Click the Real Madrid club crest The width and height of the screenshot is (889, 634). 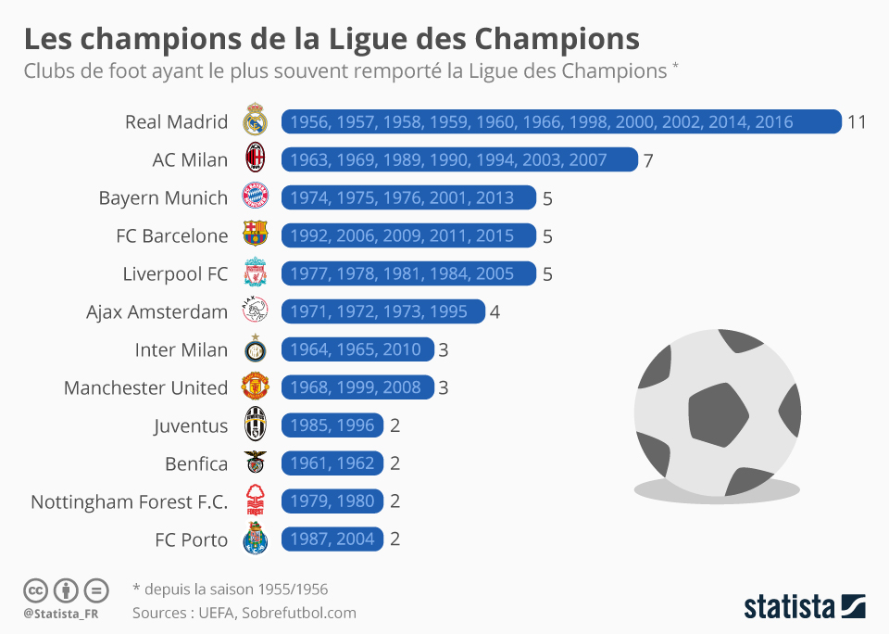(x=255, y=121)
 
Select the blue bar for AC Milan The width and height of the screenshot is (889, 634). (x=459, y=160)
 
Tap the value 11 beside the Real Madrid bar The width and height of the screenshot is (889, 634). (x=857, y=121)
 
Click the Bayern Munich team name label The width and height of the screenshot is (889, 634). (x=163, y=198)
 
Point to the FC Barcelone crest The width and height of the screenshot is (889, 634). (x=255, y=235)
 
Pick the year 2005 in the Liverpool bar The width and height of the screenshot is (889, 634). (x=495, y=274)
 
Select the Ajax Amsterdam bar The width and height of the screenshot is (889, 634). (x=382, y=311)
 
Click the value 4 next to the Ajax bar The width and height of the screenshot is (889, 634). (x=495, y=311)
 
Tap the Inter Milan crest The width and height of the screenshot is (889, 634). (x=255, y=350)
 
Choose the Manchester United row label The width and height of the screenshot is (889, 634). (x=145, y=387)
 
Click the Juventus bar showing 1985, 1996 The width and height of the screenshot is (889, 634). (x=332, y=425)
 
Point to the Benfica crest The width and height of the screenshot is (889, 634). (x=255, y=463)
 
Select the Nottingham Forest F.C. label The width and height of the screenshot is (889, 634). (x=129, y=501)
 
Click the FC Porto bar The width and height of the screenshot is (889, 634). (x=332, y=539)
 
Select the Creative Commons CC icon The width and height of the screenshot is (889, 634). (x=35, y=590)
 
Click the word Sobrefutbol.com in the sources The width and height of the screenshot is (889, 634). (x=299, y=613)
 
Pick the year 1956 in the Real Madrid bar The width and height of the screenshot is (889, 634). (x=310, y=122)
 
